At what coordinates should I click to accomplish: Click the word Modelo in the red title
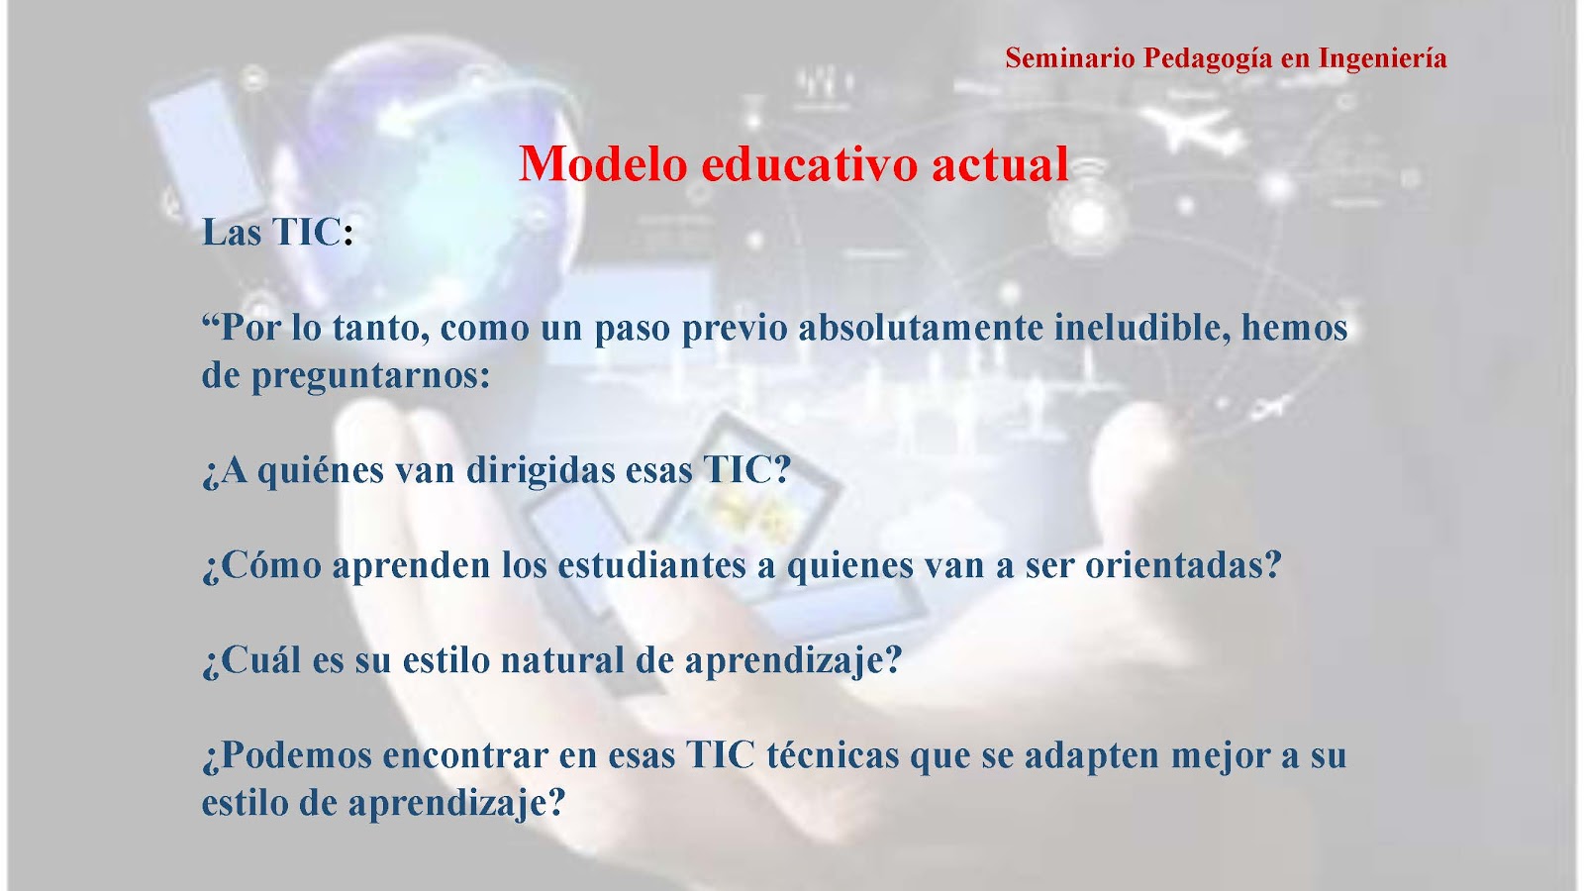click(x=603, y=164)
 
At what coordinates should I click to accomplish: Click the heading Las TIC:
click(x=277, y=232)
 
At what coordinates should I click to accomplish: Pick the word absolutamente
click(x=921, y=328)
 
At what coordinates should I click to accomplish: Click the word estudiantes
click(x=651, y=565)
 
